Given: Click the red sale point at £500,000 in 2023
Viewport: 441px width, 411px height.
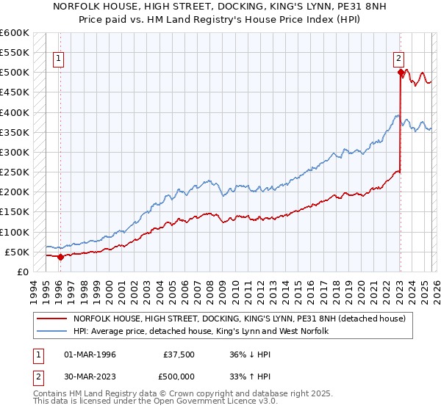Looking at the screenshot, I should coord(401,72).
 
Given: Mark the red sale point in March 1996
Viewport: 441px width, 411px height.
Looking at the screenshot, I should coord(60,257).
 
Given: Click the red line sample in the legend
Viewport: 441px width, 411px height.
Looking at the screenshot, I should coord(52,319).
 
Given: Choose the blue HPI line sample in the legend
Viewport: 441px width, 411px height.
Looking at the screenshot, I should coord(52,332).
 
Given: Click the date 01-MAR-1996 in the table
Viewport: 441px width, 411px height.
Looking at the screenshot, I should coord(90,354).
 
